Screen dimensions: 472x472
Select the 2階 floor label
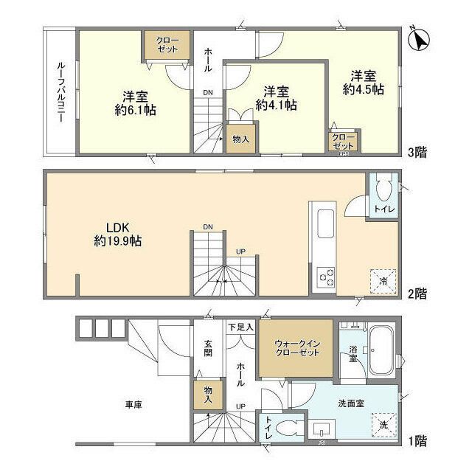point(418,294)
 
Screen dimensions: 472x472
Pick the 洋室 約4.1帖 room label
point(277,99)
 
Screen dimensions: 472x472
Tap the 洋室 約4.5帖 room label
point(362,82)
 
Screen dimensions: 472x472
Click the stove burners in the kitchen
point(325,277)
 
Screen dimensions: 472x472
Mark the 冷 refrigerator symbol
point(383,280)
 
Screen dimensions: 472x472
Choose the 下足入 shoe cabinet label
point(240,326)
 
